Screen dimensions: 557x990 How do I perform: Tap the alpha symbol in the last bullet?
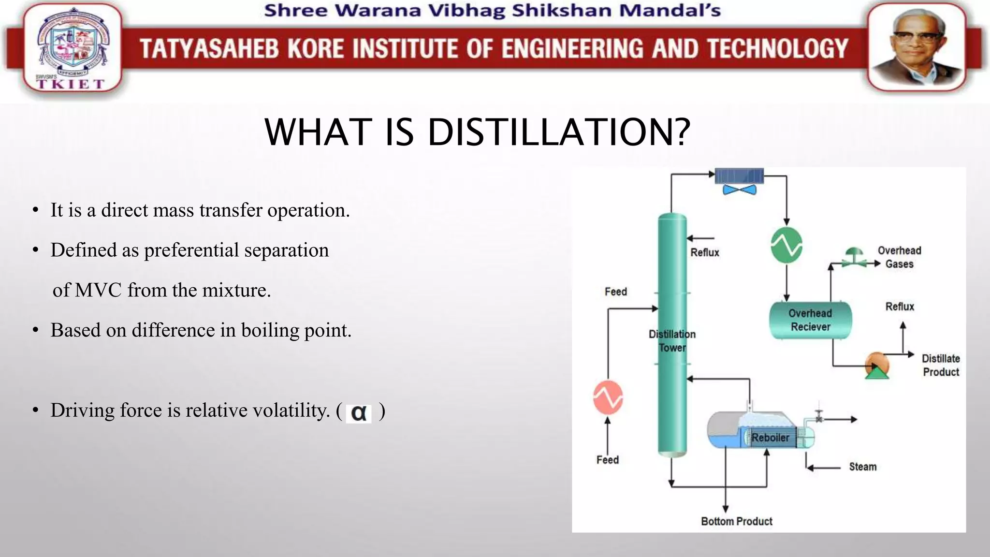[x=359, y=413]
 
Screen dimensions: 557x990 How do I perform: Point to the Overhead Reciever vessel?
[x=810, y=320]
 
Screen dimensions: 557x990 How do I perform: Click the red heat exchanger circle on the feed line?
[x=608, y=397]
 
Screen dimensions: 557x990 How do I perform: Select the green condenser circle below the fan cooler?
[x=786, y=245]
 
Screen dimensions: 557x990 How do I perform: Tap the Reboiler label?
[x=770, y=438]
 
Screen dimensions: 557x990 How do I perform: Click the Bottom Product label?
[x=737, y=521]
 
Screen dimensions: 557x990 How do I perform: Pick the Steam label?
[x=862, y=467]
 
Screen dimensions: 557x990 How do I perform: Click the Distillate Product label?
[x=941, y=365]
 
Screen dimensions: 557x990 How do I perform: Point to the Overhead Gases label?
[x=899, y=257]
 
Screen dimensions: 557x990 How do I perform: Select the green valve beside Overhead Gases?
[x=854, y=258]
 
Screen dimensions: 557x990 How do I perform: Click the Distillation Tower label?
[x=672, y=341]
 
